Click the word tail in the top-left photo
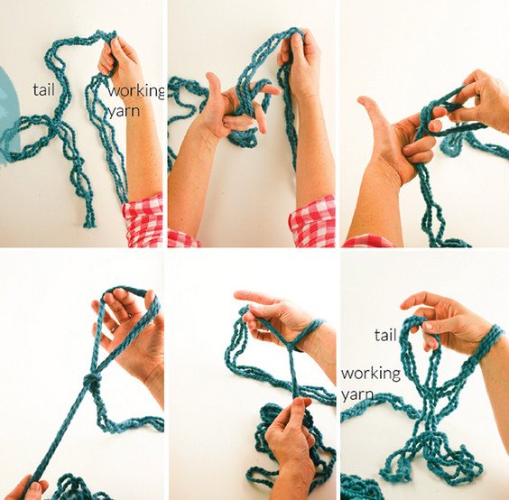[x=44, y=89]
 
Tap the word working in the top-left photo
[x=136, y=91]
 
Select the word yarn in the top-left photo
[x=124, y=111]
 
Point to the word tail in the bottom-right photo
[x=385, y=335]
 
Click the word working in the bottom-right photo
[x=371, y=374]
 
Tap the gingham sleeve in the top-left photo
[x=143, y=220]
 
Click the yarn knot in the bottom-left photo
[x=92, y=380]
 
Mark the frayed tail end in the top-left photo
[x=89, y=223]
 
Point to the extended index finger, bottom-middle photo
[x=256, y=296]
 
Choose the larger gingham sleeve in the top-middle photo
[x=312, y=222]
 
